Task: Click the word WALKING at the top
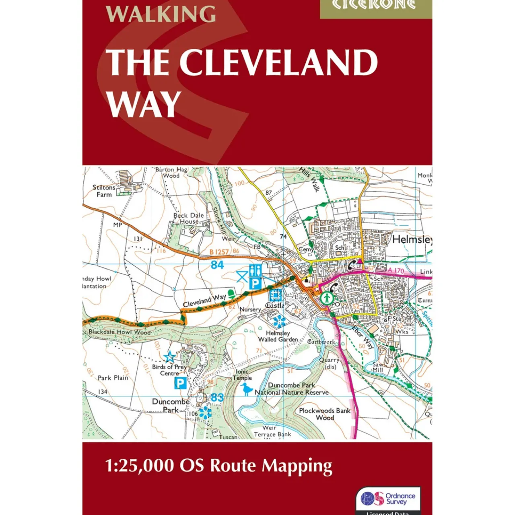(161, 14)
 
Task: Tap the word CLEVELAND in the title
(278, 63)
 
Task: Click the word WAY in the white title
(144, 104)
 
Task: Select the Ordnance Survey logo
(388, 499)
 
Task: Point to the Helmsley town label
(412, 240)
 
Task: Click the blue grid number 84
(217, 265)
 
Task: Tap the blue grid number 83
(217, 398)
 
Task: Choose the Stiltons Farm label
(104, 191)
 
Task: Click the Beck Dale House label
(189, 218)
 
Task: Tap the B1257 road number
(219, 252)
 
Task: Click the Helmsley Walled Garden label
(278, 336)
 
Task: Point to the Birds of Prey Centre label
(169, 370)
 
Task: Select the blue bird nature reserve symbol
(246, 389)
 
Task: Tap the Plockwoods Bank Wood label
(325, 414)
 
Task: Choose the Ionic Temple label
(242, 375)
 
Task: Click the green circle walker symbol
(327, 298)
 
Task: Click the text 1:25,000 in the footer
(139, 466)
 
